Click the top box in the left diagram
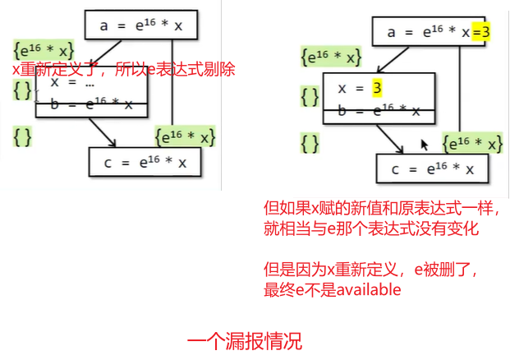click(x=140, y=25)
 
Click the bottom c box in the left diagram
click(x=145, y=162)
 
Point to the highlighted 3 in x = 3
click(x=378, y=87)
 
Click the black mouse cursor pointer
click(x=425, y=144)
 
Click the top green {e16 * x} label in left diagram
click(x=44, y=50)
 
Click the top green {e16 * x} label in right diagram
click(x=331, y=58)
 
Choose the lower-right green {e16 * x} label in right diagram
click(x=472, y=144)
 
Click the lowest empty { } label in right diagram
click(x=310, y=144)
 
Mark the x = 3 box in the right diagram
click(x=377, y=87)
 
